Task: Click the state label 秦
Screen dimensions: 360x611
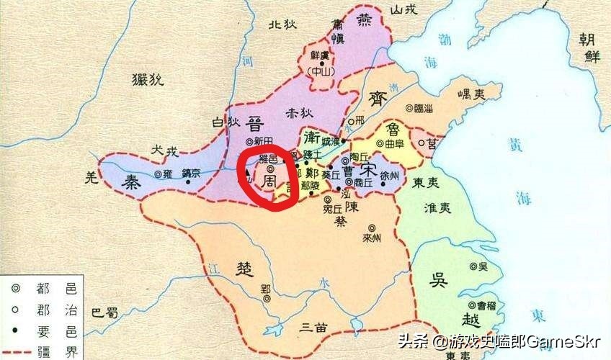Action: (130, 181)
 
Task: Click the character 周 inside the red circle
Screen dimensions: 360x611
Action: (267, 179)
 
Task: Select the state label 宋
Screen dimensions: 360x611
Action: (368, 172)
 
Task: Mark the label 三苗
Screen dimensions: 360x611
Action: (315, 327)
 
